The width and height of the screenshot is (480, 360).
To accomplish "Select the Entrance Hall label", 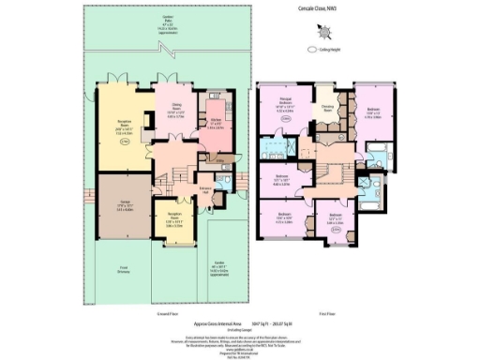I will coord(205,190).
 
